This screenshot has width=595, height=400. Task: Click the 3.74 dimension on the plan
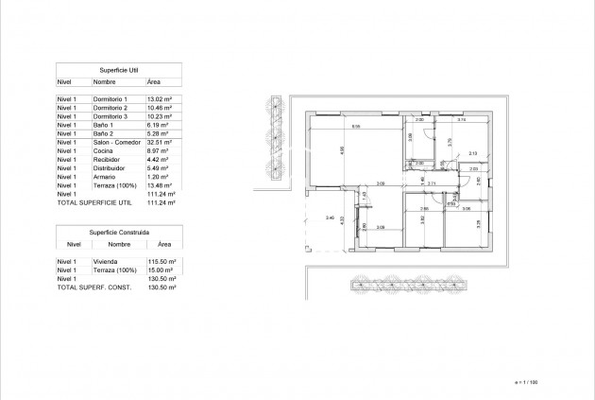tap(462, 121)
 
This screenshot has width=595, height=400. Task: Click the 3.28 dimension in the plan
tap(479, 224)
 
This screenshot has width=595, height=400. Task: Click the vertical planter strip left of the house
tap(275, 138)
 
